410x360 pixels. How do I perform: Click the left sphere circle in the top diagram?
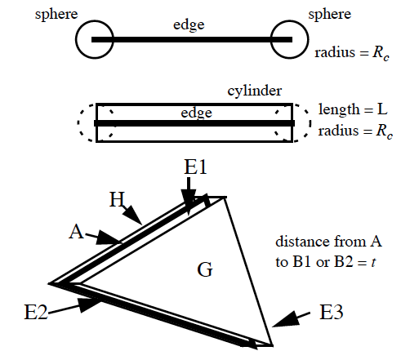76,39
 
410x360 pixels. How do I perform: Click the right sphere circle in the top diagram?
308,39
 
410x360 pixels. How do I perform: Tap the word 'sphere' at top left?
56,14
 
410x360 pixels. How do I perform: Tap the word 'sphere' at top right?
329,14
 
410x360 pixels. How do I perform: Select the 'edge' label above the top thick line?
189,25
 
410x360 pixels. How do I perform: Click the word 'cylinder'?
255,91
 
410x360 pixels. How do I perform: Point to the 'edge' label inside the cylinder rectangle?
196,113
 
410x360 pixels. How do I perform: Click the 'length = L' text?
353,109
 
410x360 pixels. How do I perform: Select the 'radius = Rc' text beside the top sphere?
352,53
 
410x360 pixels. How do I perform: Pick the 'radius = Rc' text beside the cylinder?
355,131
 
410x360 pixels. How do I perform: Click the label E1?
195,167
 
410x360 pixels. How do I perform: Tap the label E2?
36,312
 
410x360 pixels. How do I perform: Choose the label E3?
331,312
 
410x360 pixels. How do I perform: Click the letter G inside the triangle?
205,270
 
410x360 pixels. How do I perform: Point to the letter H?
117,199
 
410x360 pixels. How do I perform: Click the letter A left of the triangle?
76,232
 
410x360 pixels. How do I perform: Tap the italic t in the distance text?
373,263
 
